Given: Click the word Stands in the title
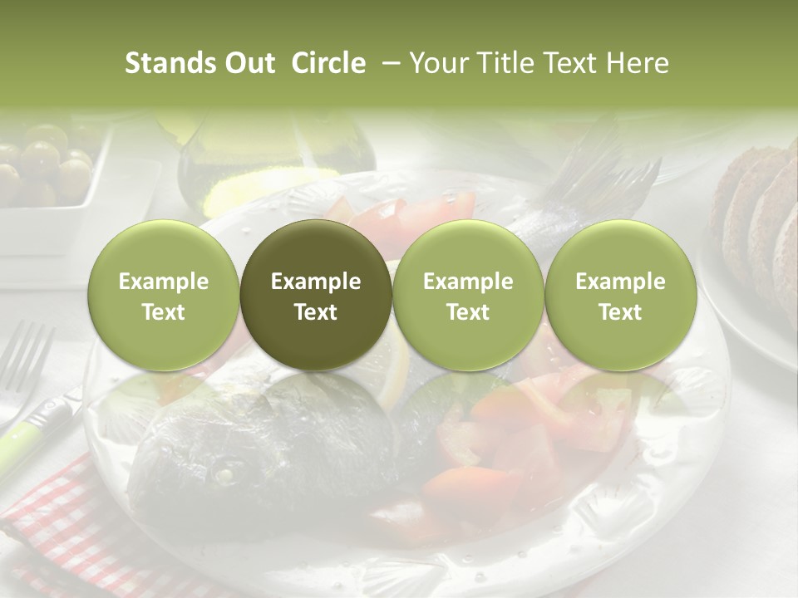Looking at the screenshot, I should [170, 64].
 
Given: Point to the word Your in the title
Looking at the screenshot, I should [436, 64].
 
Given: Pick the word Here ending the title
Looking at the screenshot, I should [636, 64].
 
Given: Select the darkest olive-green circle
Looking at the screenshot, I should [316, 296].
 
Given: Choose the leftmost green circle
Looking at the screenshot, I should [164, 296].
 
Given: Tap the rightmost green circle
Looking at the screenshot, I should [620, 296].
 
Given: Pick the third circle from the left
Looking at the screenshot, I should [468, 296].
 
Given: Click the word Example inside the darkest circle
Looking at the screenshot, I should [316, 282].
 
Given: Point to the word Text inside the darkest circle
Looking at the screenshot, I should [316, 312].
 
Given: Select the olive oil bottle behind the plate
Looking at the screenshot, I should [274, 158].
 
